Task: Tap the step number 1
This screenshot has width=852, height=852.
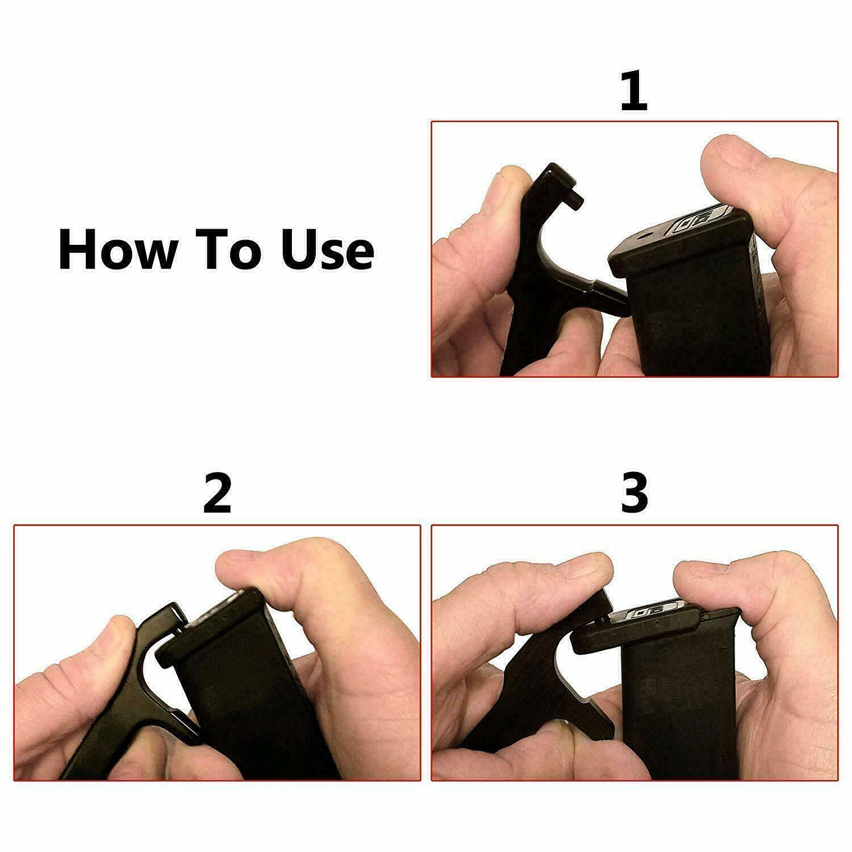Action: coord(633,91)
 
